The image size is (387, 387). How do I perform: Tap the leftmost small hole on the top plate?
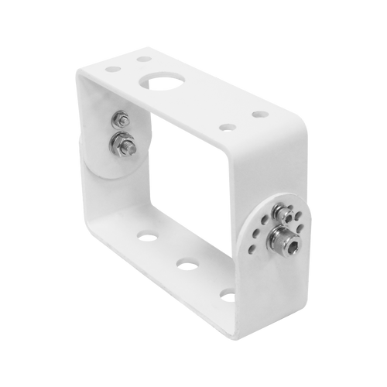(x=113, y=69)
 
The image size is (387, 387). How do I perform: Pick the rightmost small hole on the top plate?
(x=260, y=114)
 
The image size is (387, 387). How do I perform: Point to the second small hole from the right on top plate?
(x=225, y=126)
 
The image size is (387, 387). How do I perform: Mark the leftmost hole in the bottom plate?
(x=146, y=233)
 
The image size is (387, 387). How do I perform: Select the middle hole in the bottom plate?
(x=183, y=263)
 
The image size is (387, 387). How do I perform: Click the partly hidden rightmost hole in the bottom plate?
(x=227, y=293)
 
